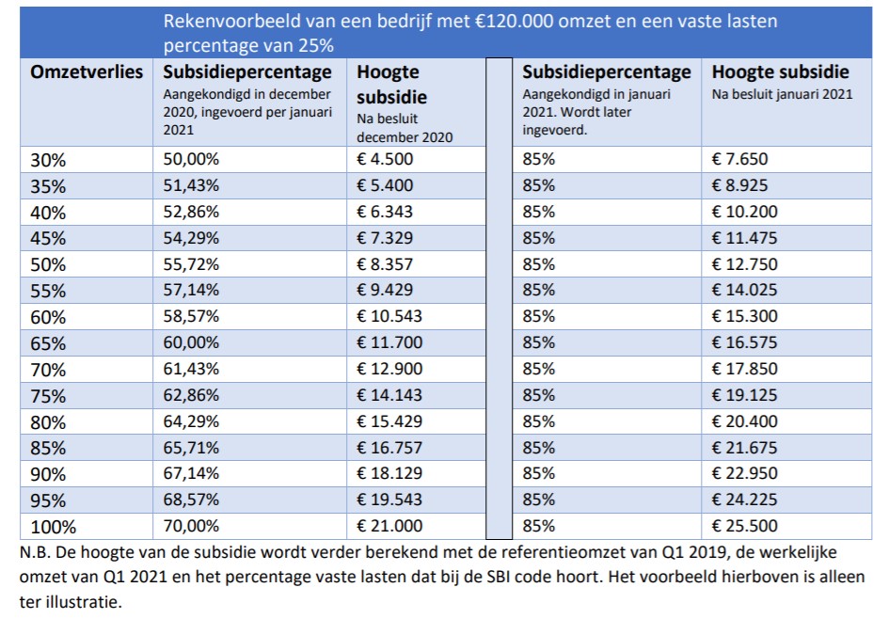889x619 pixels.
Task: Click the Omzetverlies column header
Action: [87, 72]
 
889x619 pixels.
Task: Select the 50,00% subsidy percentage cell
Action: [191, 159]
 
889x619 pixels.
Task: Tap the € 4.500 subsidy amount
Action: [385, 159]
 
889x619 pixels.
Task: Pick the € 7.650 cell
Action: [739, 159]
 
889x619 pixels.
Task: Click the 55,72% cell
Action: [191, 264]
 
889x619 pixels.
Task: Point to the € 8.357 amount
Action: [385, 264]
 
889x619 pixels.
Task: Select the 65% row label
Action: [48, 343]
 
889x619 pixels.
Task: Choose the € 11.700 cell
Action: [389, 343]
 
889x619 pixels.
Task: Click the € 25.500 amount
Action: [744, 526]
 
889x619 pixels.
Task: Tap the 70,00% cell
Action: [191, 526]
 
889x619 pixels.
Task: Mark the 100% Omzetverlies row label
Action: [54, 527]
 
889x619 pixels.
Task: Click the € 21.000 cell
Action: [389, 526]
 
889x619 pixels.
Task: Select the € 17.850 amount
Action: [744, 369]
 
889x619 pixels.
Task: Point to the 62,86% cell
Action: [191, 395]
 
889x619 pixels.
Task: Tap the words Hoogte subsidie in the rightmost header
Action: [781, 72]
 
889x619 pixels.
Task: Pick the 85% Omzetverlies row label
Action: [48, 449]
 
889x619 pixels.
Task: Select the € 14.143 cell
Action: [389, 395]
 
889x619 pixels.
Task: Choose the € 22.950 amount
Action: [744, 473]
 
